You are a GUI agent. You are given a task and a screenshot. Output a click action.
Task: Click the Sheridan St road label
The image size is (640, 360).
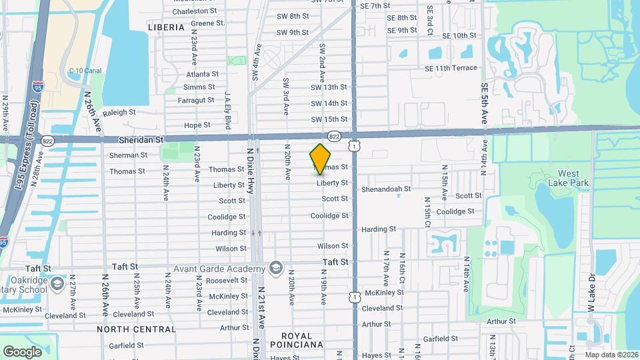click(141, 141)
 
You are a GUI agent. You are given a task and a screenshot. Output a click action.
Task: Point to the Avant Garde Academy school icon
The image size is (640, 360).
click(274, 268)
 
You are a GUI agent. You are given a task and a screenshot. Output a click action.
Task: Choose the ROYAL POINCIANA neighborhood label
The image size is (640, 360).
click(297, 340)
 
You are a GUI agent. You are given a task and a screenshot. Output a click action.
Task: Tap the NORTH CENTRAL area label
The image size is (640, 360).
click(137, 329)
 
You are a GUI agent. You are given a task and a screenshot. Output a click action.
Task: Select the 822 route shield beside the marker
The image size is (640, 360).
click(335, 136)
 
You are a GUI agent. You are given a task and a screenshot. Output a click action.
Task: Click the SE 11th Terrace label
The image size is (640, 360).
click(451, 68)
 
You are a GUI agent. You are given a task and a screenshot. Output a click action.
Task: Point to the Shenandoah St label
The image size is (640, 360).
click(386, 189)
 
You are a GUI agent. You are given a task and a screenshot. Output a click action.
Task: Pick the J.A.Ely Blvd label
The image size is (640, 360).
click(228, 110)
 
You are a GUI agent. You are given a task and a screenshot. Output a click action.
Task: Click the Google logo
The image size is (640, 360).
click(23, 351)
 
